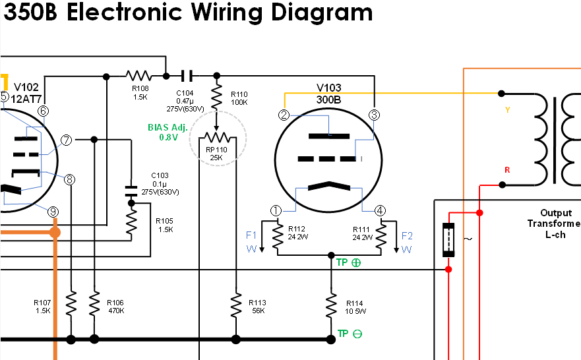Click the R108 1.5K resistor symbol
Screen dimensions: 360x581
(139, 75)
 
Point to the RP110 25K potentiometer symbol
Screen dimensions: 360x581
(217, 138)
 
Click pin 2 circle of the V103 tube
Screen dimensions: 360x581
(284, 115)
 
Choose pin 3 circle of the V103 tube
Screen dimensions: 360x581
(374, 115)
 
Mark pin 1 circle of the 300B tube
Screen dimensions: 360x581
(276, 211)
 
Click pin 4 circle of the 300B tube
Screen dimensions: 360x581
(380, 211)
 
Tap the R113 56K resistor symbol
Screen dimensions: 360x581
(235, 305)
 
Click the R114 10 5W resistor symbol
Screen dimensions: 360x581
(331, 305)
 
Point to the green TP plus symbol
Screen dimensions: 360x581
(357, 262)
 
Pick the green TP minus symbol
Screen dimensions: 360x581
(357, 334)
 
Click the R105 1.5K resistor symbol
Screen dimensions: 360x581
(131, 224)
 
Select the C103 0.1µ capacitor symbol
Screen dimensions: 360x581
(131, 191)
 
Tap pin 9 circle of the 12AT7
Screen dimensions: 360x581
(53, 212)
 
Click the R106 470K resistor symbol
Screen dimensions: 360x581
(94, 305)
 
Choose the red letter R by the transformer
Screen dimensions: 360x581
(506, 170)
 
